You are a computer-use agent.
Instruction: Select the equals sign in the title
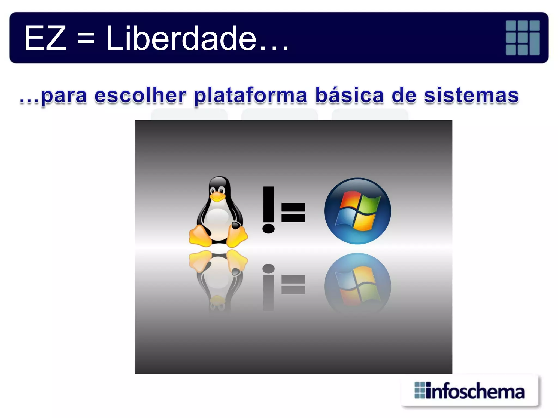tap(86, 39)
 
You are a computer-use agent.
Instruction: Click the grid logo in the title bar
tap(523, 38)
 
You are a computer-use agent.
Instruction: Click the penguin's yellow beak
tap(217, 196)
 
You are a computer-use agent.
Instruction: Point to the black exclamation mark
tap(268, 210)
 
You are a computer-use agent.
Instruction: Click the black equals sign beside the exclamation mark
tap(293, 213)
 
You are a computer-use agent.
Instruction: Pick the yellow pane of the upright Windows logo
tap(364, 222)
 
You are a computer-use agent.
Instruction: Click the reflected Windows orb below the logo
tap(357, 283)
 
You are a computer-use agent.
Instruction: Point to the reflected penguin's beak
tap(217, 299)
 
